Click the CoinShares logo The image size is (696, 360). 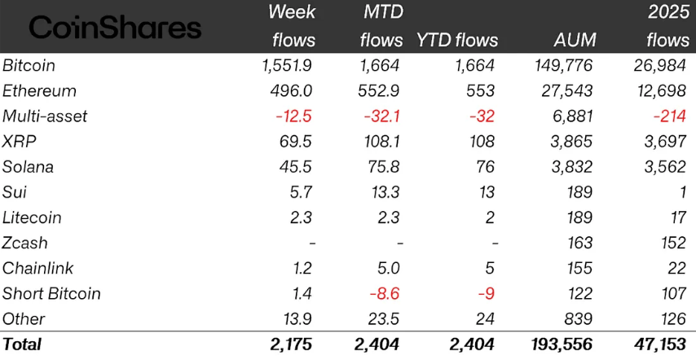pyautogui.click(x=115, y=28)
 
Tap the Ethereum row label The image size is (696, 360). pyautogui.click(x=40, y=90)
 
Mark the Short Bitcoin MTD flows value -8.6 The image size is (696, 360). pyautogui.click(x=382, y=293)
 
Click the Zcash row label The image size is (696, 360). pyautogui.click(x=26, y=243)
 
